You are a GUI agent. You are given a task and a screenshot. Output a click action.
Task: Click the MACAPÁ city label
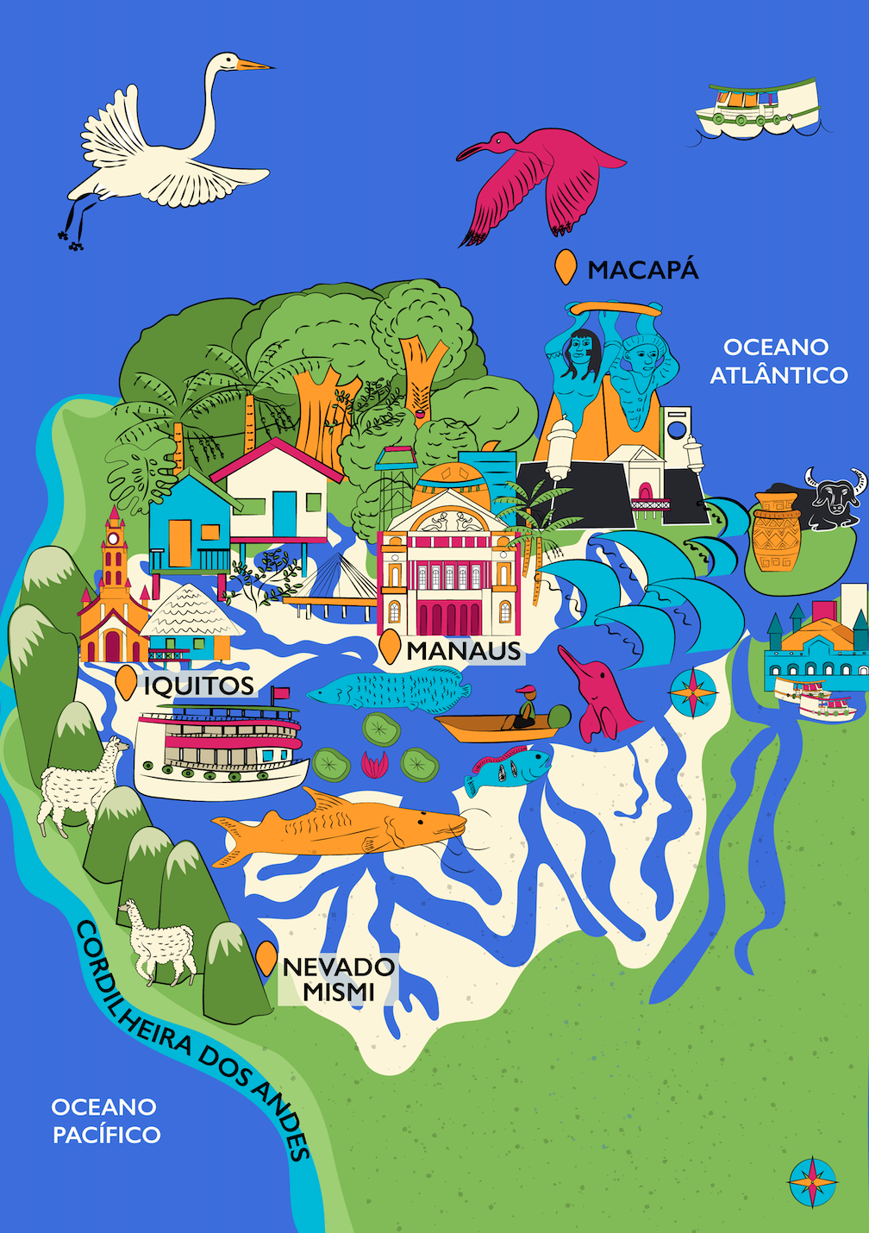point(642,270)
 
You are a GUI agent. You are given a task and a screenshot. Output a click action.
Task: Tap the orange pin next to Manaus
point(390,648)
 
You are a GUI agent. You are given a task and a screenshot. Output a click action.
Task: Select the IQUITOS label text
point(199,686)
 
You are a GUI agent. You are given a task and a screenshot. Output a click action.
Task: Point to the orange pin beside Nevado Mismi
point(266,958)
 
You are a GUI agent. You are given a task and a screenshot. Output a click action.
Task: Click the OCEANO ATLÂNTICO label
point(778,361)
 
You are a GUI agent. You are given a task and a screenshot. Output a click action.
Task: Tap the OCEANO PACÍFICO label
point(106,1121)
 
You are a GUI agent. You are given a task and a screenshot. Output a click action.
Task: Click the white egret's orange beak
point(255,65)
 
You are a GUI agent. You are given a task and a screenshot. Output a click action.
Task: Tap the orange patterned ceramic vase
point(775,532)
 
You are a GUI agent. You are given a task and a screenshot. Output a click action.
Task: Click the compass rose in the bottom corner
point(812,1181)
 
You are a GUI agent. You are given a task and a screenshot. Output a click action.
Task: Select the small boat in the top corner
point(760,108)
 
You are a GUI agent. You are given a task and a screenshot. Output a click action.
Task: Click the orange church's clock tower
point(113,552)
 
